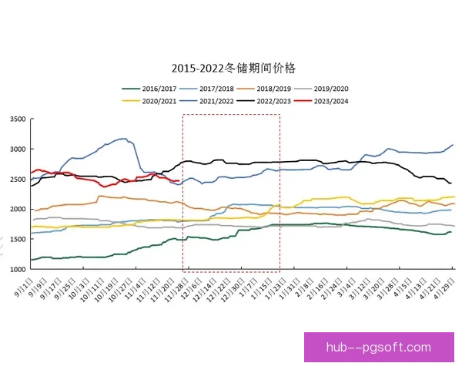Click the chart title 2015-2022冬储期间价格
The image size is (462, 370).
(232, 69)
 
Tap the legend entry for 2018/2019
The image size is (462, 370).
(280, 89)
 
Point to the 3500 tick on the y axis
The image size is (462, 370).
(17, 119)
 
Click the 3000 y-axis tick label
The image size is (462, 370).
(17, 149)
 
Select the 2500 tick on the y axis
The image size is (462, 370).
(17, 179)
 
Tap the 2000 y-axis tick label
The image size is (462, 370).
(17, 209)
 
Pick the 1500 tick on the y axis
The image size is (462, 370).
(17, 239)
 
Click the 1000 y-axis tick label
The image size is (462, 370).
(17, 269)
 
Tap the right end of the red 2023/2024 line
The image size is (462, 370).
(179, 181)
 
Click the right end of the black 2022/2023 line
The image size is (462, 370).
(451, 183)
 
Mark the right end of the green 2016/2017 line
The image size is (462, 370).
(451, 231)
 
